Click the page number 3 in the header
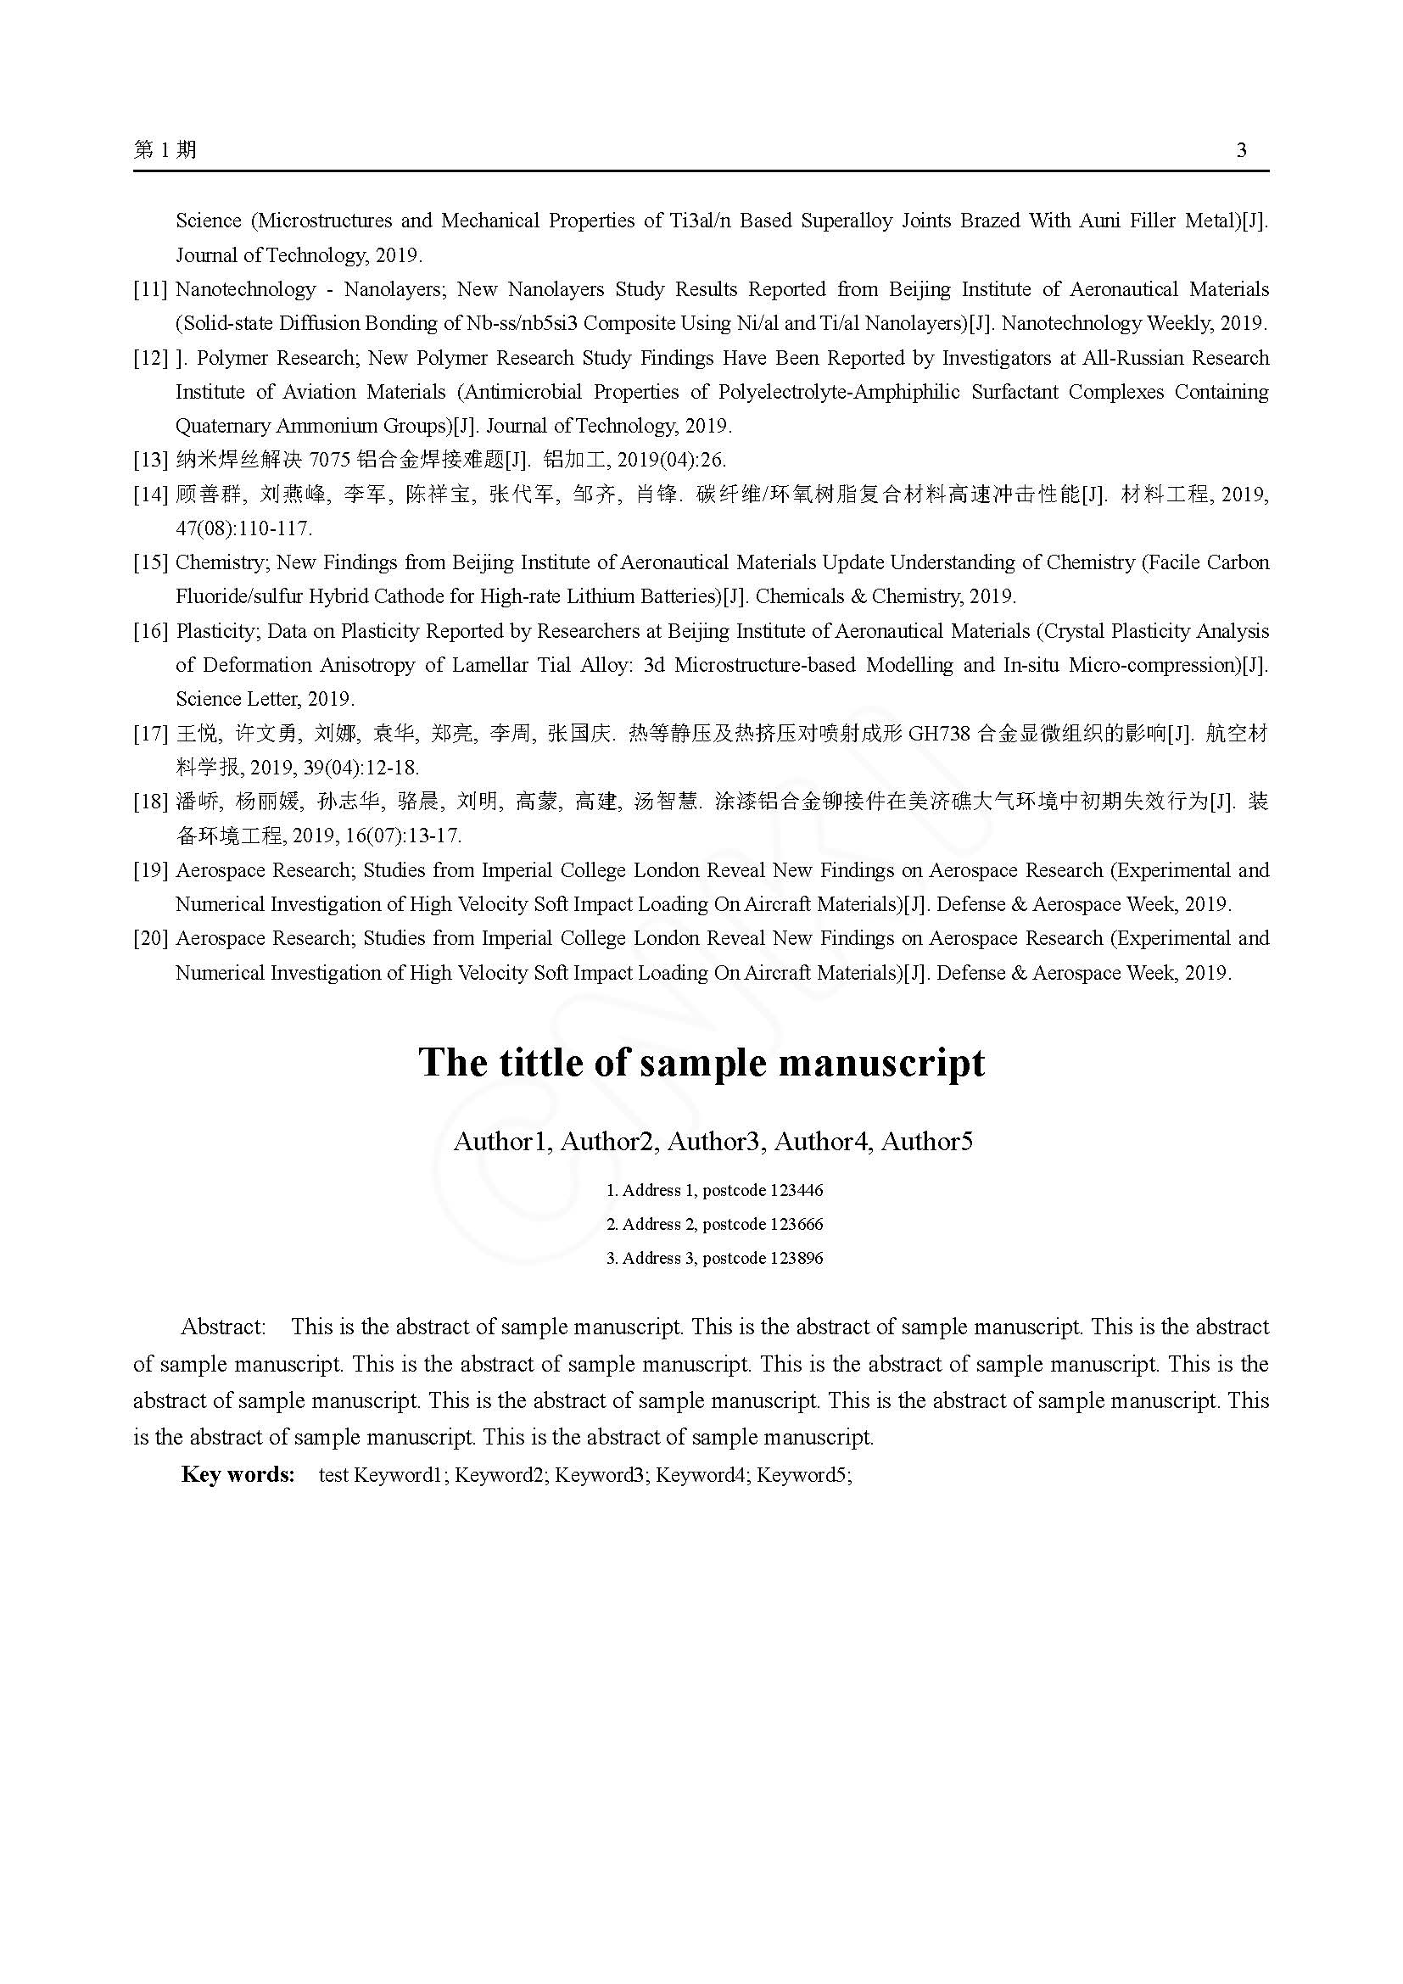coord(1242,151)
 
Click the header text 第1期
coord(165,150)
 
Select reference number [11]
coord(150,289)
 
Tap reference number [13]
coord(150,461)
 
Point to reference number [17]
coord(150,735)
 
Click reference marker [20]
coord(150,939)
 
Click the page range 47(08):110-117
coord(243,528)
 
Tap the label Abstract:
coord(223,1327)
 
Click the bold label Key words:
coord(238,1475)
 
